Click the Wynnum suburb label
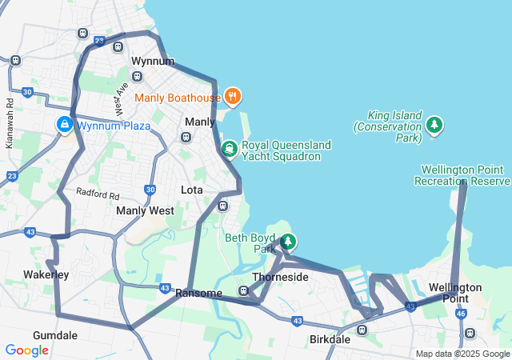pos(152,61)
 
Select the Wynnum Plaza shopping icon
pos(64,126)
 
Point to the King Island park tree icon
pos(434,125)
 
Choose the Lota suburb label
pos(192,190)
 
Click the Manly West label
pos(145,210)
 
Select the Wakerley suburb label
pos(46,274)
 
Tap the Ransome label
pos(198,294)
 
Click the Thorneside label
pos(280,277)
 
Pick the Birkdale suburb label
pos(330,339)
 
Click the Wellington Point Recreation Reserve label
pos(462,175)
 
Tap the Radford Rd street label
pos(98,194)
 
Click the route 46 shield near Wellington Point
pos(461,314)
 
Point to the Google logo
pos(26,350)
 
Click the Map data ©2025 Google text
pos(462,354)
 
